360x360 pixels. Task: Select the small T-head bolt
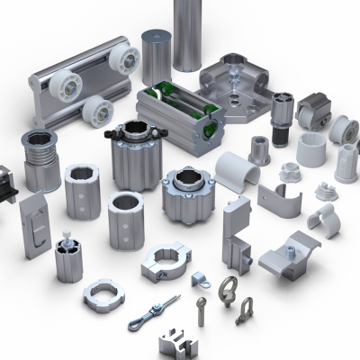pos(202,310)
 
